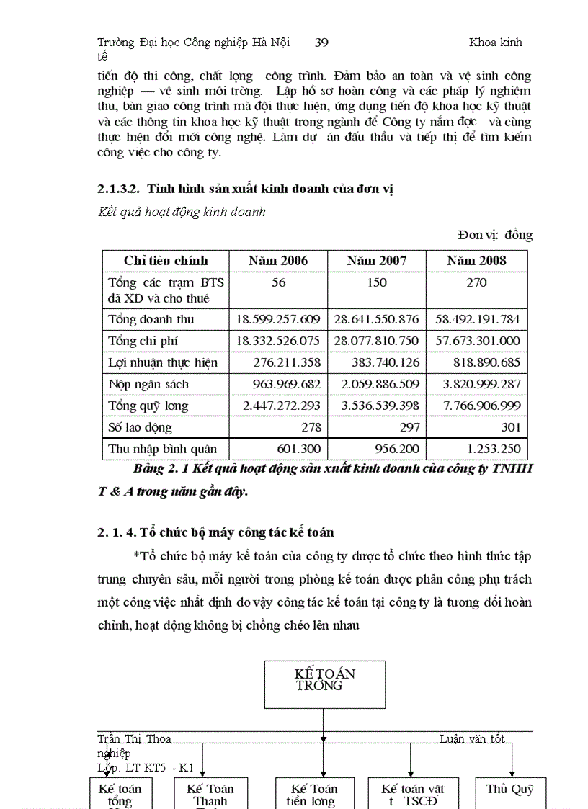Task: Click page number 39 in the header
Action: tap(321, 43)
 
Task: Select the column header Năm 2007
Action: tap(377, 261)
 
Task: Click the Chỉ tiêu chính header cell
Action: tap(166, 261)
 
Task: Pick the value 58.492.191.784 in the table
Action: tap(476, 319)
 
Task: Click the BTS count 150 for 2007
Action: tap(377, 283)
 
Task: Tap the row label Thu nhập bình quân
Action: tap(162, 449)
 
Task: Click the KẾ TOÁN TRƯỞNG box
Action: tap(324, 684)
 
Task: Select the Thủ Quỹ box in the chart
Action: tap(509, 792)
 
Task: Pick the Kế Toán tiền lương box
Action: tap(312, 792)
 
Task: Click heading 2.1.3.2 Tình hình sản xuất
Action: tap(245, 189)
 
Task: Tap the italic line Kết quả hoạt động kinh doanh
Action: tap(182, 212)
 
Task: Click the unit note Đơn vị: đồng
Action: tap(495, 235)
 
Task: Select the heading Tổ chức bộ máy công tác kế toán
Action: tap(216, 533)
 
